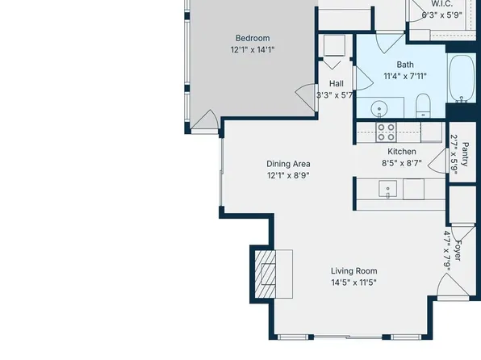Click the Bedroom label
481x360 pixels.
(x=252, y=38)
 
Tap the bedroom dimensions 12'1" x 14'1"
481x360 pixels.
(x=252, y=50)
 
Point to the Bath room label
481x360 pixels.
(x=404, y=65)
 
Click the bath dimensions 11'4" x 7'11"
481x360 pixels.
(x=404, y=77)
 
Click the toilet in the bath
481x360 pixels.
(x=422, y=104)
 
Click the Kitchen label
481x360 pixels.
(x=402, y=151)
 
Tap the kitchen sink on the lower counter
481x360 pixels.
(x=388, y=190)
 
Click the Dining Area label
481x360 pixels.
(x=288, y=163)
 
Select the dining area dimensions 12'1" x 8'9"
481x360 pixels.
(x=288, y=175)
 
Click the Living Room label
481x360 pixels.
(x=354, y=271)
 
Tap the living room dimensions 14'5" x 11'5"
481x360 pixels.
(x=354, y=283)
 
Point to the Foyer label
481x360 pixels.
(x=458, y=248)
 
